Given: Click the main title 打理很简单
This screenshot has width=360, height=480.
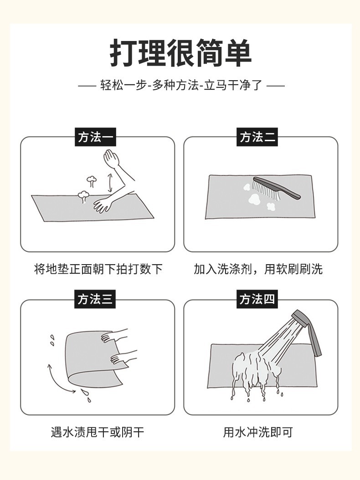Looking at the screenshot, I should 180,54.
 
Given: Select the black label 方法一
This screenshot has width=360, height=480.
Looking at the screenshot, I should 96,137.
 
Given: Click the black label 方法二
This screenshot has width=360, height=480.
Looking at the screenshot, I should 258,137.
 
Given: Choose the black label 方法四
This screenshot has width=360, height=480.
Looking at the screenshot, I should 258,299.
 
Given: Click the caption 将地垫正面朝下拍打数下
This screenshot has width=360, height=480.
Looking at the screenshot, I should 98,269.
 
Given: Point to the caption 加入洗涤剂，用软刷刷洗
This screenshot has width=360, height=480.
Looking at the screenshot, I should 258,269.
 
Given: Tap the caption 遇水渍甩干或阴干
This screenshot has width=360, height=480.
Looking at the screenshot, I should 98,432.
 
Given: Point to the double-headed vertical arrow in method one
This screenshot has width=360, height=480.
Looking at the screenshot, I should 109,182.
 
